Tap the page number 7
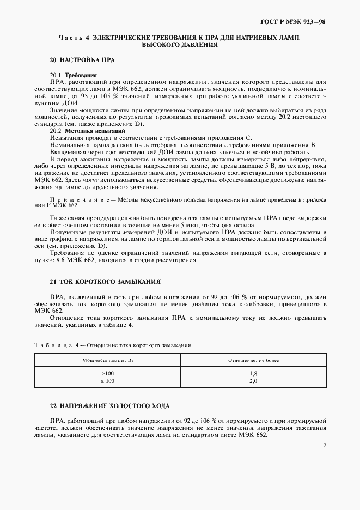coord(325,446)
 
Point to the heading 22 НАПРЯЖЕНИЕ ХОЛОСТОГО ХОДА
coord(109,406)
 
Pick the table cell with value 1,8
coord(252,373)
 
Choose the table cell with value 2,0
coord(252,381)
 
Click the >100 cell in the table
coord(107,373)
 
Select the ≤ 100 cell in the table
coord(107,381)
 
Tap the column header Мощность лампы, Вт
coord(107,361)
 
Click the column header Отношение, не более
coord(253,361)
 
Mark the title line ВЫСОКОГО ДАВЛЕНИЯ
coord(180,45)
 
